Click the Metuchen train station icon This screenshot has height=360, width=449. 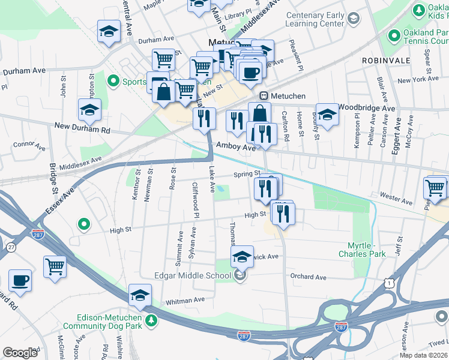point(263,97)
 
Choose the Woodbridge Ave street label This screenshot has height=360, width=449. point(366,107)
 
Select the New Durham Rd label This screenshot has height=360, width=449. point(82,128)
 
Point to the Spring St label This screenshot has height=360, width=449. point(246,174)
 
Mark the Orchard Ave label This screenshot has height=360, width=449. point(308,277)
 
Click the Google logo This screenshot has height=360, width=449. point(20,352)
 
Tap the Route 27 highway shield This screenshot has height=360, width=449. point(10,247)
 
